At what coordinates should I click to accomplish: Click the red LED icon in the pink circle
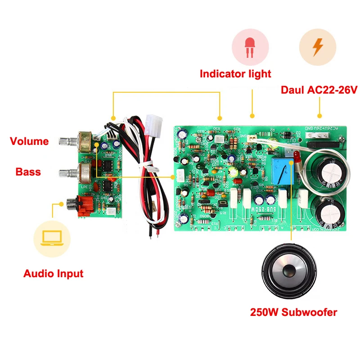coord(250,49)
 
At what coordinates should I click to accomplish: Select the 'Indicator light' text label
coord(235,73)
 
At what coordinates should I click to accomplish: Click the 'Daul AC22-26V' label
coord(319,89)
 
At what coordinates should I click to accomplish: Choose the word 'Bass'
coord(28,172)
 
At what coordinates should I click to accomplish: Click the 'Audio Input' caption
coord(53,273)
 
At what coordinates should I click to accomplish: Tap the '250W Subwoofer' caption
coord(293,312)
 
